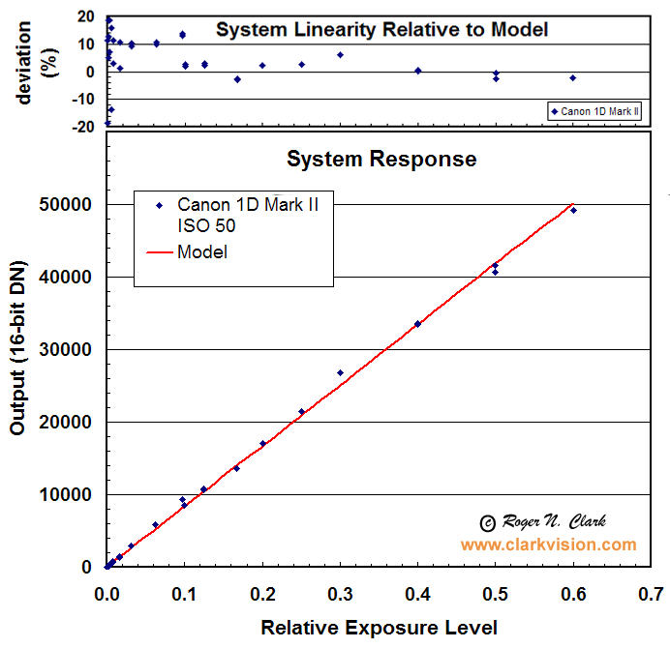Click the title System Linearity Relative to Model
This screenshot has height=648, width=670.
point(381,30)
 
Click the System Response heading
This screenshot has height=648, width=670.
point(381,159)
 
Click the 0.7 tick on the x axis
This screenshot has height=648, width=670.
point(652,592)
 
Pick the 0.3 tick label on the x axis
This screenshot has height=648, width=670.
point(340,592)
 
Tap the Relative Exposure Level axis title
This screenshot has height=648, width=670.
point(379,628)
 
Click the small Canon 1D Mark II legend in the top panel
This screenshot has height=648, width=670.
point(595,111)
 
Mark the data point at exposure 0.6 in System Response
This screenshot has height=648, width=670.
point(573,210)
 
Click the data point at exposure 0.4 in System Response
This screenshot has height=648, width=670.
point(417,324)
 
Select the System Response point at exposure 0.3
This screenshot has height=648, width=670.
point(340,372)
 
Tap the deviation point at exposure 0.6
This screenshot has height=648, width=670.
point(573,77)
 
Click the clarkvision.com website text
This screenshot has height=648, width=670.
point(548,545)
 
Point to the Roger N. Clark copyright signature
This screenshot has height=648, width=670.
point(544,522)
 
